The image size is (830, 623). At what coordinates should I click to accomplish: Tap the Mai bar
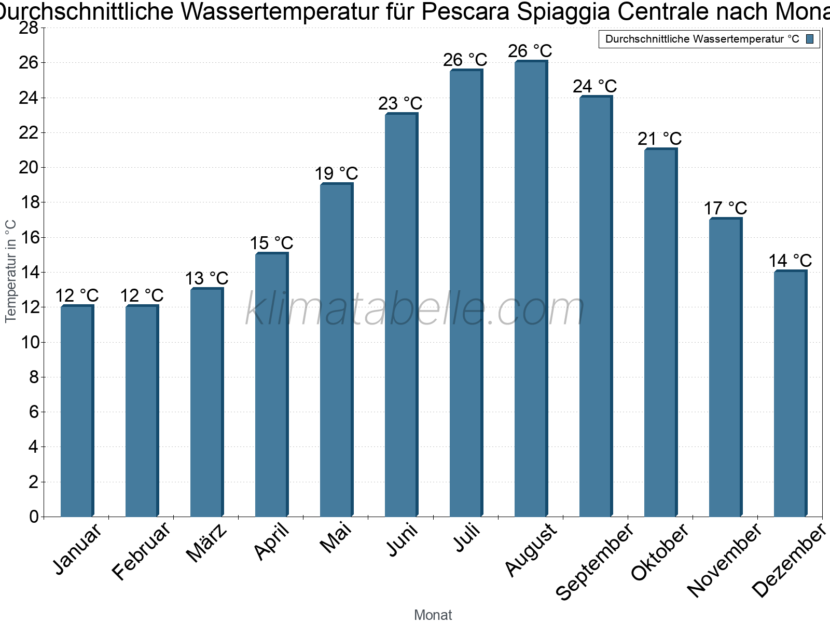pyautogui.click(x=336, y=350)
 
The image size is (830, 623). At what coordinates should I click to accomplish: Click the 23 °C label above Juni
pyautogui.click(x=400, y=104)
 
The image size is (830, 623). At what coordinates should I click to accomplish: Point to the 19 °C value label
pyautogui.click(x=336, y=174)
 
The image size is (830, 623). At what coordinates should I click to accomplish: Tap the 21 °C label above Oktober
pyautogui.click(x=659, y=139)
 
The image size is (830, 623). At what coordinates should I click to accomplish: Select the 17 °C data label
pyautogui.click(x=725, y=209)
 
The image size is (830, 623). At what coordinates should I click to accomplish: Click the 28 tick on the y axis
pyautogui.click(x=29, y=28)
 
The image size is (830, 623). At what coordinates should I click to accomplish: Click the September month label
pyautogui.click(x=594, y=561)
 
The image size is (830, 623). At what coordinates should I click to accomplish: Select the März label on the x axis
pyautogui.click(x=206, y=543)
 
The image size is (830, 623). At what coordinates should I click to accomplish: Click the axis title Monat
pyautogui.click(x=433, y=615)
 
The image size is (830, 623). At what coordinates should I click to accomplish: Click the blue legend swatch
pyautogui.click(x=810, y=39)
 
